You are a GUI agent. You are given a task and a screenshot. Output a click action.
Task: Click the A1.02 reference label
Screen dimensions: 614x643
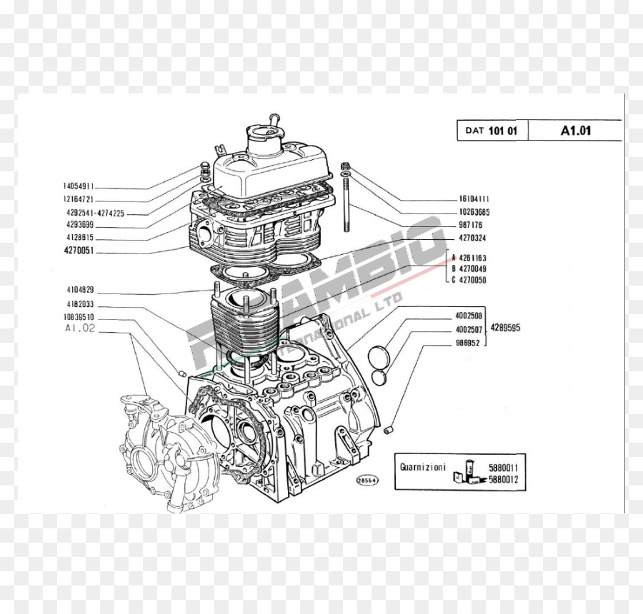click(79, 328)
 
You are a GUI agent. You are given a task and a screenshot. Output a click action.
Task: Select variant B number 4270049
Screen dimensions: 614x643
click(472, 268)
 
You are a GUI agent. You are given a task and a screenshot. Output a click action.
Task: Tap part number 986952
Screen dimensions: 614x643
click(468, 343)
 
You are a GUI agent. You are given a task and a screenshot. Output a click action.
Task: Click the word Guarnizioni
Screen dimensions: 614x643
click(423, 468)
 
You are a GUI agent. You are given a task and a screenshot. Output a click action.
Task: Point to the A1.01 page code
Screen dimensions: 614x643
click(575, 130)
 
